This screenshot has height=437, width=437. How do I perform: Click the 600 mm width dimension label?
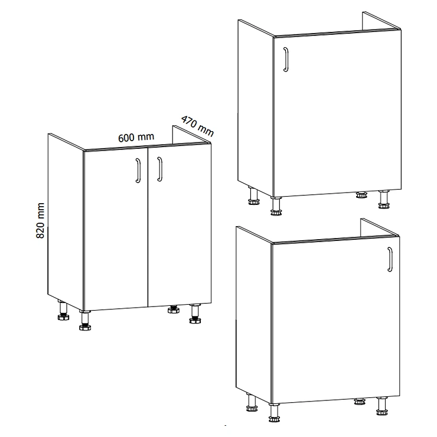tap(136, 137)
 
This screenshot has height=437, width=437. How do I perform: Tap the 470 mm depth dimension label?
tap(197, 126)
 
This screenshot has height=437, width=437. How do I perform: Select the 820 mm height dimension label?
tap(40, 220)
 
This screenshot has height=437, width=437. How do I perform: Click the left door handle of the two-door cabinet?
tap(138, 171)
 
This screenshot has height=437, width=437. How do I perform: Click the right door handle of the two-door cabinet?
tap(159, 169)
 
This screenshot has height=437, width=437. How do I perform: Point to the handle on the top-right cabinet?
tap(286, 60)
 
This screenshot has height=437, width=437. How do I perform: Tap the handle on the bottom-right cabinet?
tap(390, 259)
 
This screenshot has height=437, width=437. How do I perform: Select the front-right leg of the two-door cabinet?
tap(195, 314)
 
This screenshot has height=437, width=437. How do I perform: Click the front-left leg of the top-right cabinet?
tap(276, 206)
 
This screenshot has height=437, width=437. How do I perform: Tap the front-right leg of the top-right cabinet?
tap(384, 200)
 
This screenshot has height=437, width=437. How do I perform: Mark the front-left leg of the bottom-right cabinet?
tap(274, 412)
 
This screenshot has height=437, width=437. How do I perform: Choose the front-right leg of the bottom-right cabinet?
tap(382, 406)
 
